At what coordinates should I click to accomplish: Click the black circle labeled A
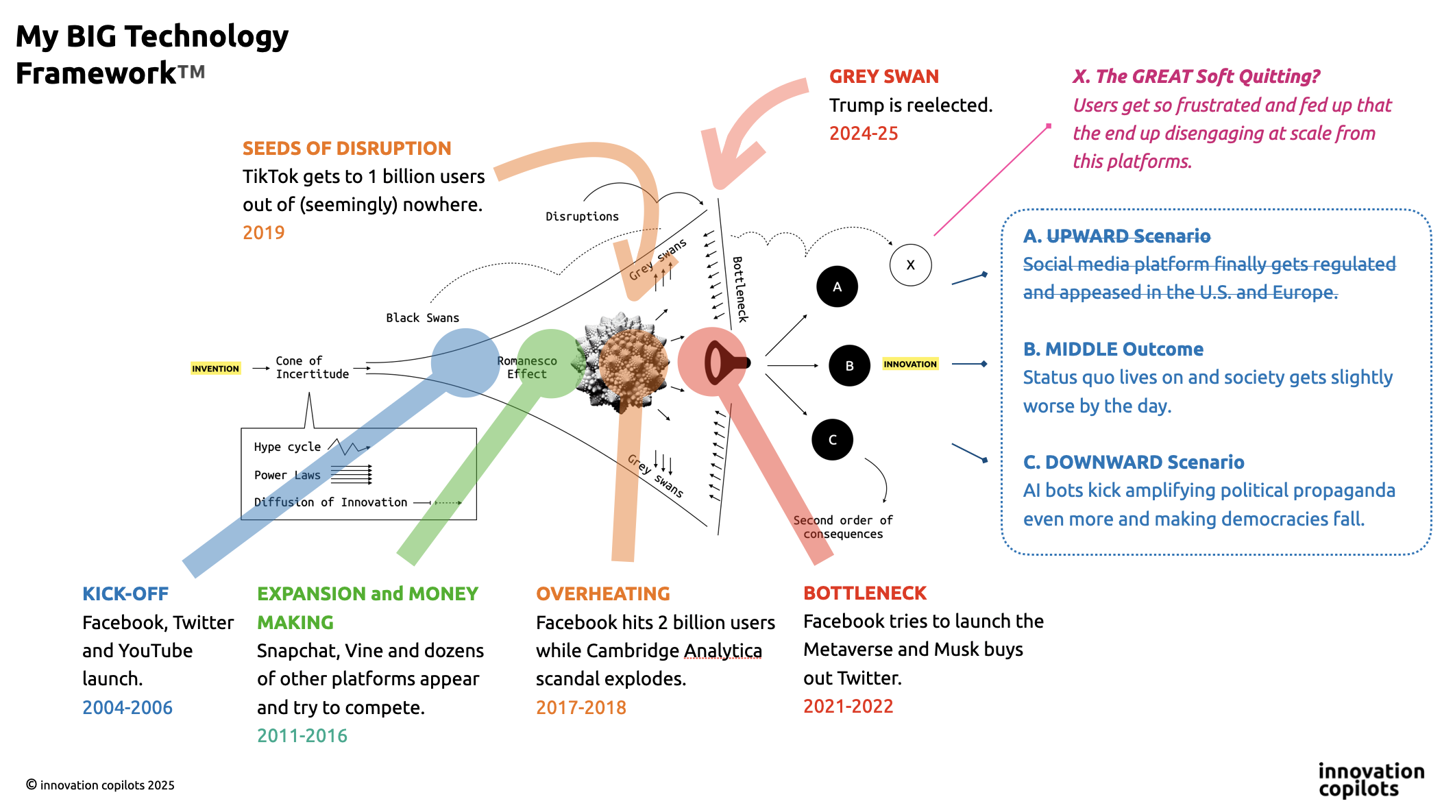[837, 286]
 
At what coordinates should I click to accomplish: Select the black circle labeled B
[849, 365]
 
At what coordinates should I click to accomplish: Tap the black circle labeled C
[832, 439]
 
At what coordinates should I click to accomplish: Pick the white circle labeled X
[910, 265]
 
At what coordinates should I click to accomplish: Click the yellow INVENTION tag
[215, 369]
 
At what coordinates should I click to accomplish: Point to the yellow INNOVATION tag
[909, 364]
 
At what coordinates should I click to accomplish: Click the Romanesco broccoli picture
[624, 363]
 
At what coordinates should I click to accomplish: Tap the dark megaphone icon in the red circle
[723, 363]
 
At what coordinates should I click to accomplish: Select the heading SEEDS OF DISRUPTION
[347, 148]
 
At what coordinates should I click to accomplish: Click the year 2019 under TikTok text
[263, 233]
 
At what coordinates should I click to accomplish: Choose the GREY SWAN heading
[883, 76]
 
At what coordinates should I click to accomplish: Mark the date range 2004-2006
[127, 707]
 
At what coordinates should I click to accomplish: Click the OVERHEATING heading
[603, 593]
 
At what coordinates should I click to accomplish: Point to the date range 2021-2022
[848, 706]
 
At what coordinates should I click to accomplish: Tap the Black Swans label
[422, 318]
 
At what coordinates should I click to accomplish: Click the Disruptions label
[582, 217]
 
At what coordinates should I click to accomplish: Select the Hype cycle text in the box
[287, 447]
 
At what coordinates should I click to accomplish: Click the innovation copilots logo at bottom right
[1371, 780]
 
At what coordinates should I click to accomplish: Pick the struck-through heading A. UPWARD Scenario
[1116, 236]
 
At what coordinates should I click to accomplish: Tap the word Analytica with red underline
[723, 650]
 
